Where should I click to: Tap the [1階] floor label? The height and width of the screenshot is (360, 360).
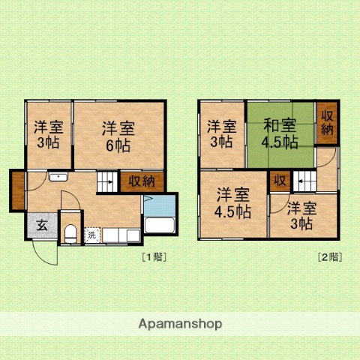(154, 256)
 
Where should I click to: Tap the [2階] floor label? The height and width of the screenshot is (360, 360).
(329, 256)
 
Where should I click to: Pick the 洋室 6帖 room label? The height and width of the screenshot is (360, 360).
(118, 135)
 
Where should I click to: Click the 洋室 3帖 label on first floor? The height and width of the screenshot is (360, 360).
(48, 135)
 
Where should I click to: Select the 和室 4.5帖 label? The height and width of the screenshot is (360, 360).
(280, 133)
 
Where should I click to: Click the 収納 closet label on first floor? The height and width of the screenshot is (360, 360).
(141, 181)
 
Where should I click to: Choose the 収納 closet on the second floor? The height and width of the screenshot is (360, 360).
(327, 123)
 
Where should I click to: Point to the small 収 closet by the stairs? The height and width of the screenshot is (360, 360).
(279, 180)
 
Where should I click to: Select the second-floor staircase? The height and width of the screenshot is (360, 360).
(304, 181)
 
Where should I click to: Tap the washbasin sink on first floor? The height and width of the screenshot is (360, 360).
(58, 177)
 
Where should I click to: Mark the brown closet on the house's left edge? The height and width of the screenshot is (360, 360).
(17, 191)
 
